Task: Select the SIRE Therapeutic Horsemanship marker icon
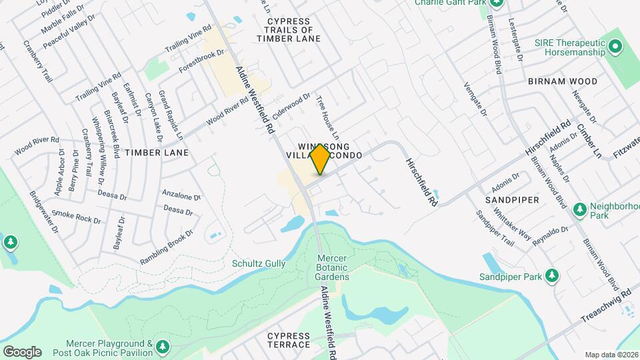coord(615,47)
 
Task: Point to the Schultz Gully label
coord(259,264)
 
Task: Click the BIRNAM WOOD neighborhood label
coord(562,81)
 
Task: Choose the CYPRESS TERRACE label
coord(289,340)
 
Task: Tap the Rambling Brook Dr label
coord(167,247)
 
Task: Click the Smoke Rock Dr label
coord(76,217)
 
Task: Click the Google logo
coord(22,351)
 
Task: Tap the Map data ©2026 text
coord(611,355)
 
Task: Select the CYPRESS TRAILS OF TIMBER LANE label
coord(289,30)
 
